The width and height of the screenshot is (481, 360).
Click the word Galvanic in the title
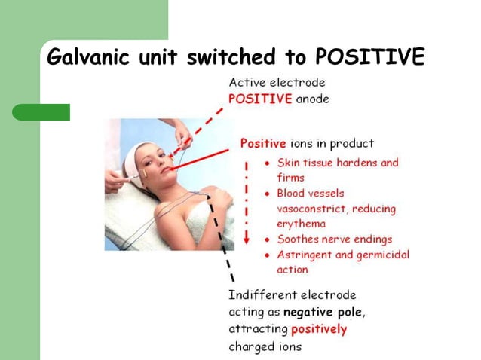[x=86, y=57]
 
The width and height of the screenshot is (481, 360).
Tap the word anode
[x=312, y=99]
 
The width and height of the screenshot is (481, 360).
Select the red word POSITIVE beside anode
[x=260, y=99]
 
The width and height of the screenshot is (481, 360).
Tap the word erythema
[x=302, y=224]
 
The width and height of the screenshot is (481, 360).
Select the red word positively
[x=319, y=329]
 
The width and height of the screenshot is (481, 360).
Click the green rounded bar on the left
[x=41, y=112]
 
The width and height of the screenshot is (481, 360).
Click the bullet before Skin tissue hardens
[x=268, y=163]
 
